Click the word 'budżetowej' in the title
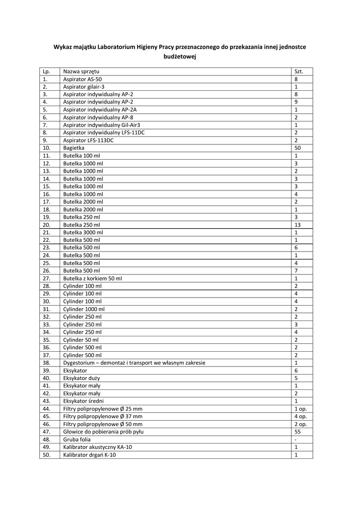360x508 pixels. coord(180,57)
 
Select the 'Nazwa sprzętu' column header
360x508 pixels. coord(81,71)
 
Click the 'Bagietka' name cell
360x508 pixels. coord(74,148)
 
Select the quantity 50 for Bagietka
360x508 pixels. coord(297,148)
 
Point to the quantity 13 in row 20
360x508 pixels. coord(297,225)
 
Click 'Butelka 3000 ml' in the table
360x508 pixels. coord(83,232)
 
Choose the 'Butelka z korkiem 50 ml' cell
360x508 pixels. coord(92,278)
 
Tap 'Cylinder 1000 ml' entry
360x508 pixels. coord(84,309)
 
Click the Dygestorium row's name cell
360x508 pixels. coord(134,363)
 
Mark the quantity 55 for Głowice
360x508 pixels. coord(297,432)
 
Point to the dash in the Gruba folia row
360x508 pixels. coord(295,439)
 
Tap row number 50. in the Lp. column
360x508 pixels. coord(47,454)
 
